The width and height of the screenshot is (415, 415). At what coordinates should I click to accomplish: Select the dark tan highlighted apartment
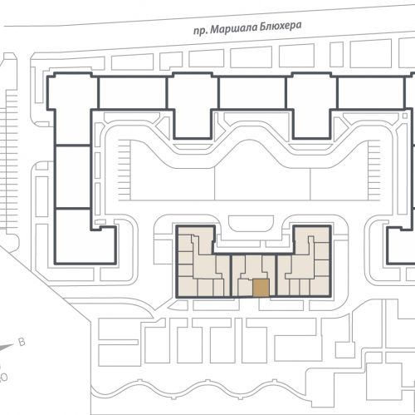coord(260,288)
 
